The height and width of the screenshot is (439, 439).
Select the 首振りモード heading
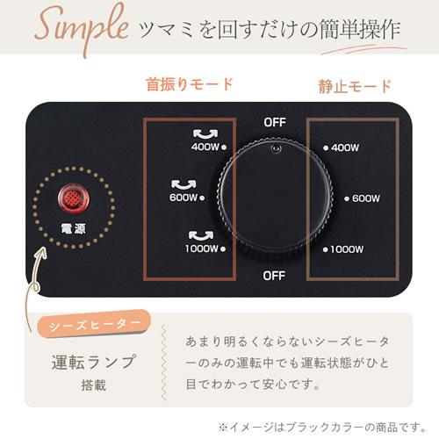[189, 85]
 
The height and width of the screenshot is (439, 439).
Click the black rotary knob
[274, 198]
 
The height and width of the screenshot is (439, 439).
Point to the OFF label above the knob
[275, 122]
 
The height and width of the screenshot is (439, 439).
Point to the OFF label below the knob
[275, 276]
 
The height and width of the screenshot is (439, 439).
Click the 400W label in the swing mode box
[204, 148]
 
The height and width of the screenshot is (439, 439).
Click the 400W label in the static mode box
[346, 148]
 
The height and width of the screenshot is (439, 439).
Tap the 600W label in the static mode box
[364, 198]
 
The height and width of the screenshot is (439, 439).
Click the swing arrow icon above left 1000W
[199, 234]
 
